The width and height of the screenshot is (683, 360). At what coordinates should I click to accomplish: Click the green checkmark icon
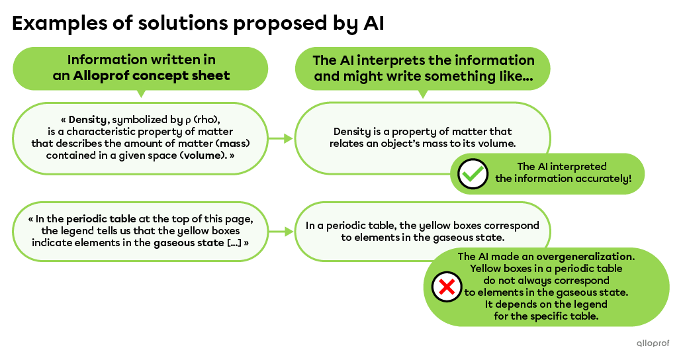point(473,173)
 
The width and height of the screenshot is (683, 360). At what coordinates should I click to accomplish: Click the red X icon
point(447,287)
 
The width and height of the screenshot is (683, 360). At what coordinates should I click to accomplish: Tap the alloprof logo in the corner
point(653,343)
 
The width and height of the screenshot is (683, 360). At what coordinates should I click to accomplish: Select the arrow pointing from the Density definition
point(281,138)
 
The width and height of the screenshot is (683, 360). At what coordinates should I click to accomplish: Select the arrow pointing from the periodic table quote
point(281,231)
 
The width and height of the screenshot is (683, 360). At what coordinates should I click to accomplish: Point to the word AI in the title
point(373,22)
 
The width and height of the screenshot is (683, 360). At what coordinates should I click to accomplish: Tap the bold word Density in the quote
point(87,120)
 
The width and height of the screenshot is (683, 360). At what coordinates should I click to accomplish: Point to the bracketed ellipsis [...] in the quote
point(235,243)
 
